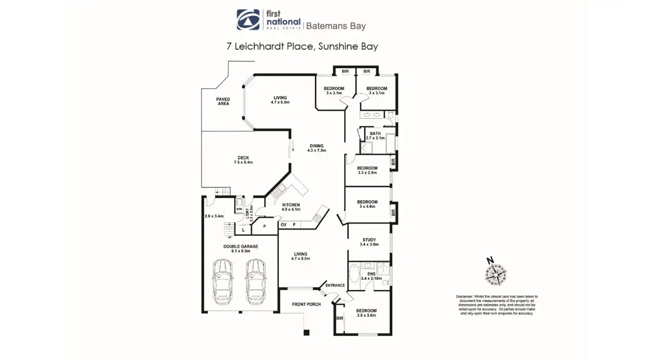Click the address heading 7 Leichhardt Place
click(302, 47)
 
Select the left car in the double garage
click(223, 280)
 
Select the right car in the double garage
click(255, 280)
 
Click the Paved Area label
click(223, 102)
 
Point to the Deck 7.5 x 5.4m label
click(243, 160)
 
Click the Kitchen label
click(291, 207)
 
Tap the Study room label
click(369, 242)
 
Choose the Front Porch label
click(306, 304)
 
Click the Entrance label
click(335, 285)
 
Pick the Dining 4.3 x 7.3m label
click(317, 148)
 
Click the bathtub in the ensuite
click(354, 273)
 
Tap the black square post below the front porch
click(307, 333)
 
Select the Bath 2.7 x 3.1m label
click(375, 136)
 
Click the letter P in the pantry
click(264, 227)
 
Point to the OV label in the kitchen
click(284, 224)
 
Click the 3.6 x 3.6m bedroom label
click(366, 313)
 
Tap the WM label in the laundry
click(239, 209)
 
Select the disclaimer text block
click(497, 305)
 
